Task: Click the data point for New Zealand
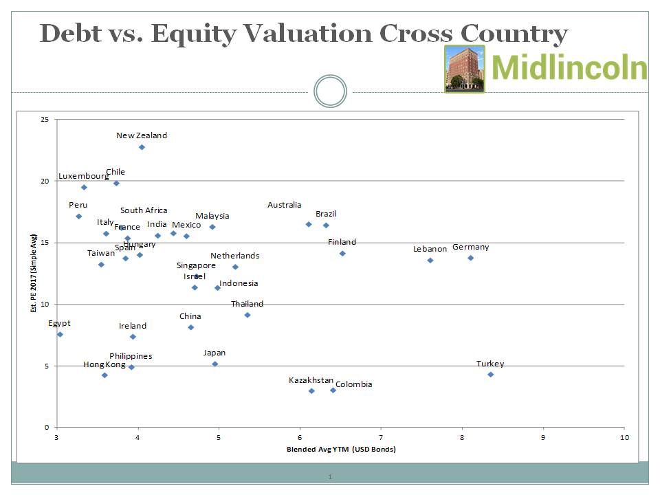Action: pos(142,147)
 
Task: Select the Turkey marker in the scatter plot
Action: pos(490,374)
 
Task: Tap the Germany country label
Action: pos(470,247)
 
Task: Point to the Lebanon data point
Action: pos(430,260)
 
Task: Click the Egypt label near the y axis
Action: pos(59,323)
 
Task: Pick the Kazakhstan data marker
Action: pos(311,390)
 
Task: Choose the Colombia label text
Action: pos(353,384)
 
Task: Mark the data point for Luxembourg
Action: pos(84,187)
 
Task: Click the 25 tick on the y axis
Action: pos(45,120)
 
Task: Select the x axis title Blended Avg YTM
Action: pos(341,450)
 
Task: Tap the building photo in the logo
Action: pos(465,69)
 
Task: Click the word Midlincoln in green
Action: pos(569,69)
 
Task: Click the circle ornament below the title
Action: pos(330,91)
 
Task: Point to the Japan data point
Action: pos(214,364)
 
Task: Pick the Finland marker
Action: pos(342,254)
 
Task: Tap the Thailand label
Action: pos(247,304)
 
